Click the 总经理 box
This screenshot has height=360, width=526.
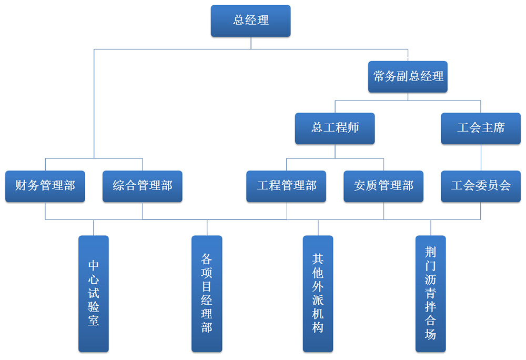pyautogui.click(x=250, y=21)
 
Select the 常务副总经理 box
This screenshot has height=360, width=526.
pyautogui.click(x=408, y=77)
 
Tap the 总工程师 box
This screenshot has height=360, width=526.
pyautogui.click(x=335, y=128)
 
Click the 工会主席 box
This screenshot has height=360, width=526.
pyautogui.click(x=480, y=128)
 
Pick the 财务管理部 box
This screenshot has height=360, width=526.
pyautogui.click(x=45, y=186)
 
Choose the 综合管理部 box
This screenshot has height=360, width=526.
pyautogui.click(x=142, y=186)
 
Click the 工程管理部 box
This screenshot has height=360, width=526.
pyautogui.click(x=286, y=186)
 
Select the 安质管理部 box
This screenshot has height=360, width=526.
pyautogui.click(x=383, y=186)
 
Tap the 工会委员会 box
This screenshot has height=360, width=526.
pyautogui.click(x=480, y=186)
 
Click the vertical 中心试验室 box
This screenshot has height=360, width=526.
pyautogui.click(x=94, y=293)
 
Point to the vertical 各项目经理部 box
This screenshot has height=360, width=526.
pyautogui.click(x=207, y=293)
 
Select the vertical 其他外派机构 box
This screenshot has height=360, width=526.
pyautogui.click(x=318, y=293)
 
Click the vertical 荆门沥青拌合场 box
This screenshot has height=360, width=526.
pyautogui.click(x=431, y=293)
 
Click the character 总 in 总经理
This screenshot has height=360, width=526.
pyautogui.click(x=239, y=21)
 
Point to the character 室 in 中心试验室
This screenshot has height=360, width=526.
pyautogui.click(x=94, y=321)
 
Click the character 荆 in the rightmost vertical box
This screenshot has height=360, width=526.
pyautogui.click(x=431, y=252)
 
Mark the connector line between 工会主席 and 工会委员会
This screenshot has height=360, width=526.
pyautogui.click(x=481, y=157)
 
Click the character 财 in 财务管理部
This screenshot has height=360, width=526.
pyautogui.click(x=21, y=186)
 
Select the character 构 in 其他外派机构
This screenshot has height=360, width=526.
pyautogui.click(x=318, y=327)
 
